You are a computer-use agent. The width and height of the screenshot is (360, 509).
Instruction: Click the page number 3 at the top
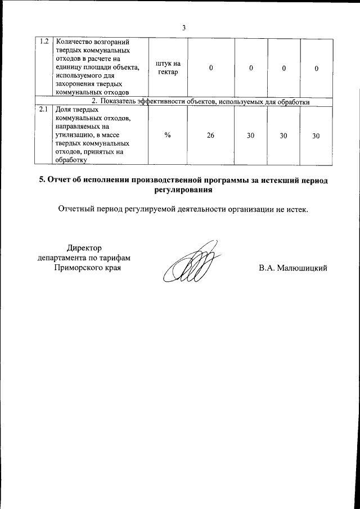pyautogui.click(x=183, y=28)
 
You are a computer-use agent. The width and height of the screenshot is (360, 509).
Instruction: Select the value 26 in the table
pyautogui.click(x=210, y=136)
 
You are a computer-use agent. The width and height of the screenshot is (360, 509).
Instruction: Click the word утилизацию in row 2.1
pyautogui.click(x=76, y=134)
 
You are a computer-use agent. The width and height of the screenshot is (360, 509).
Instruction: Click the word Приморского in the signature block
pyautogui.click(x=74, y=268)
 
